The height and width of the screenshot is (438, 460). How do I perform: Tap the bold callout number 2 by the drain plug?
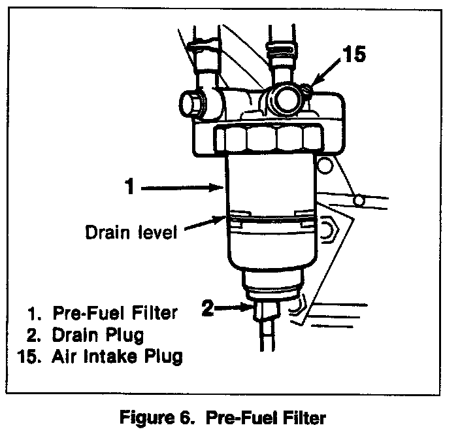tap(207, 307)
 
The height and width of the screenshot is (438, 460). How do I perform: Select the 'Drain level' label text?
tap(131, 232)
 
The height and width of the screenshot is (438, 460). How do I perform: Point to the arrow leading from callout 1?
tap(183, 188)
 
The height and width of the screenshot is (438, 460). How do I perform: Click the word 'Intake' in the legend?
tap(116, 357)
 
